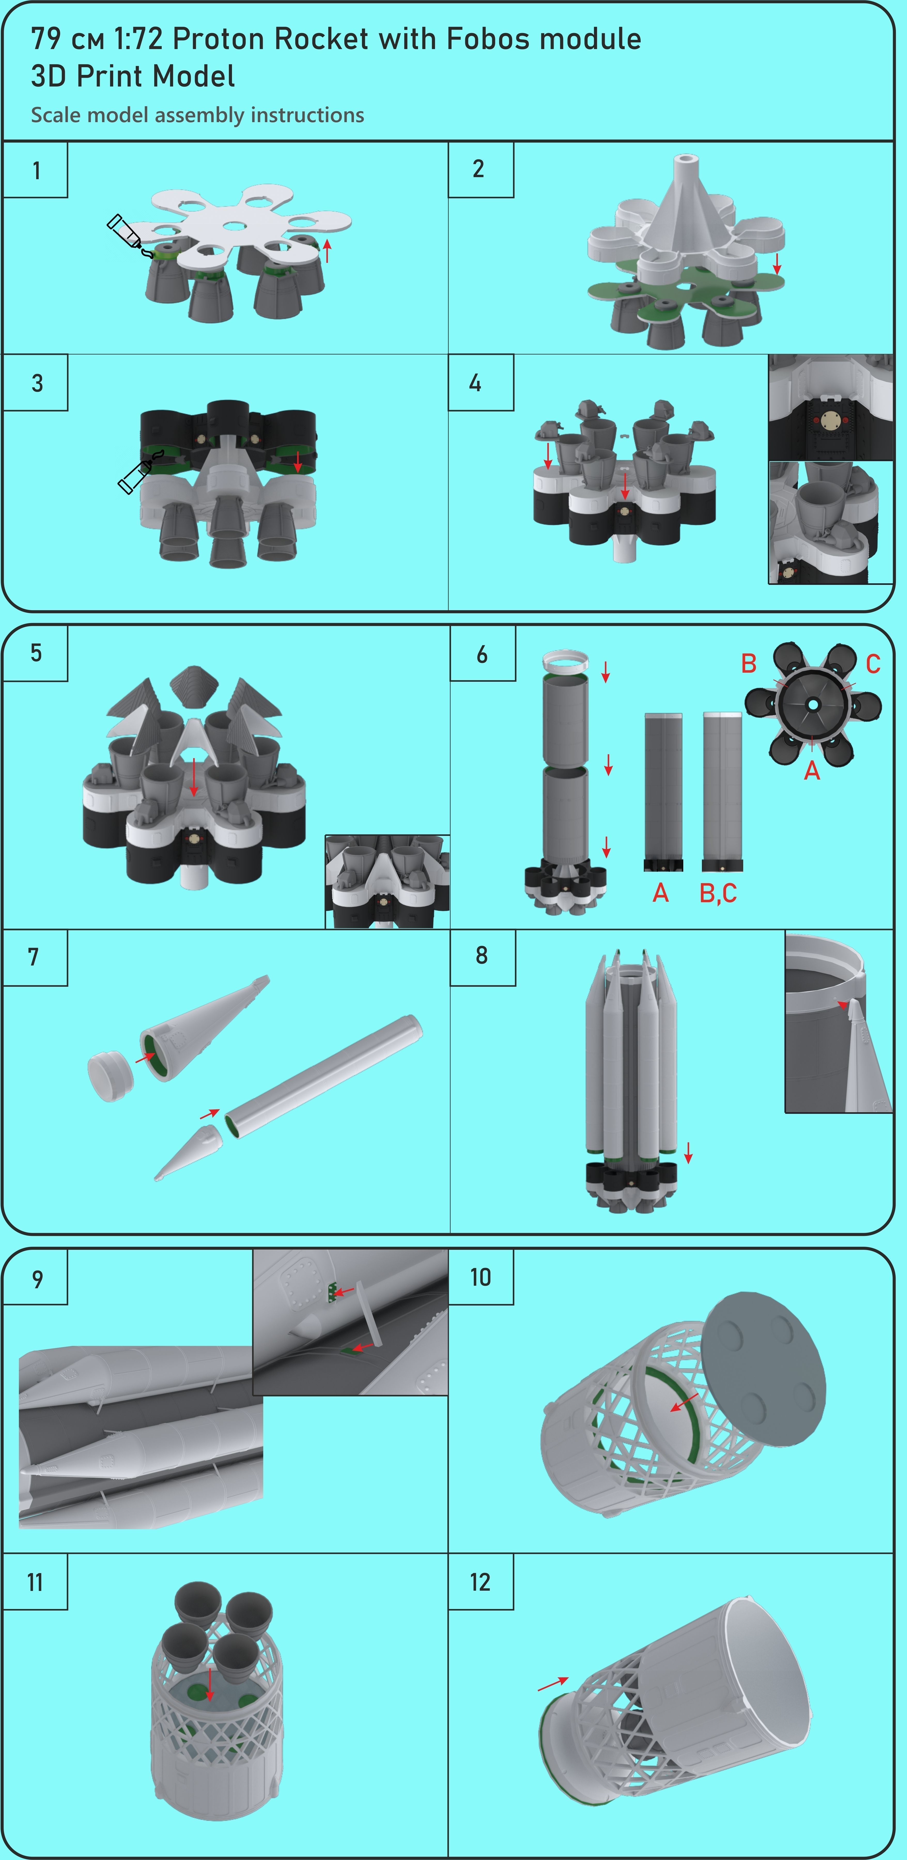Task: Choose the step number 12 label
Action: pyautogui.click(x=480, y=1583)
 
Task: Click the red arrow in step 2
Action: pyautogui.click(x=777, y=264)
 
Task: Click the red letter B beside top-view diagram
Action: pyautogui.click(x=749, y=664)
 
